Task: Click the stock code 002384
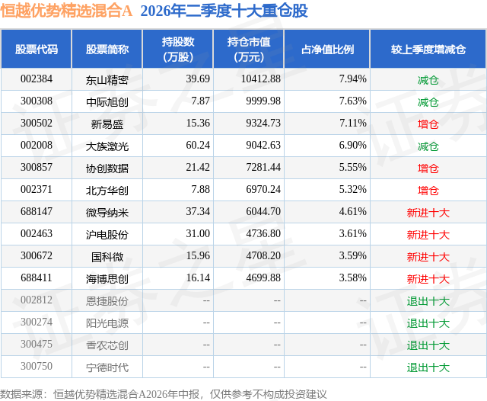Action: pyautogui.click(x=37, y=79)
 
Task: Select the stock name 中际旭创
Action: pyautogui.click(x=107, y=102)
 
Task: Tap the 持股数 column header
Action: pyautogui.click(x=178, y=49)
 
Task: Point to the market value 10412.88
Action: pyautogui.click(x=261, y=79)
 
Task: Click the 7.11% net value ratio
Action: pyautogui.click(x=353, y=124)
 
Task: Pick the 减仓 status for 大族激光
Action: pyautogui.click(x=428, y=146)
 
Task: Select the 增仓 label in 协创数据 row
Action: pyautogui.click(x=428, y=168)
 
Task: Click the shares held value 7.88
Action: pyautogui.click(x=201, y=190)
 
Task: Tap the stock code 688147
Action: pyautogui.click(x=37, y=211)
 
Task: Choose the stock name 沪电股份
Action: pyautogui.click(x=107, y=235)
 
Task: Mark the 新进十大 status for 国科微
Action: pyautogui.click(x=428, y=257)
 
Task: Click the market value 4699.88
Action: pyautogui.click(x=263, y=277)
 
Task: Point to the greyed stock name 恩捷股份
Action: pyautogui.click(x=107, y=301)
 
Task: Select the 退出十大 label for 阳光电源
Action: pyautogui.click(x=428, y=323)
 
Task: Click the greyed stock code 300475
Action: pyautogui.click(x=37, y=344)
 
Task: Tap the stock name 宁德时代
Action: pyautogui.click(x=107, y=367)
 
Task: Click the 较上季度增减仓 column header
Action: pyautogui.click(x=428, y=49)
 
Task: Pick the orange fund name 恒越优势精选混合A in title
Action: pyautogui.click(x=66, y=11)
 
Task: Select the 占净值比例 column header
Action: pyautogui.click(x=327, y=49)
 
